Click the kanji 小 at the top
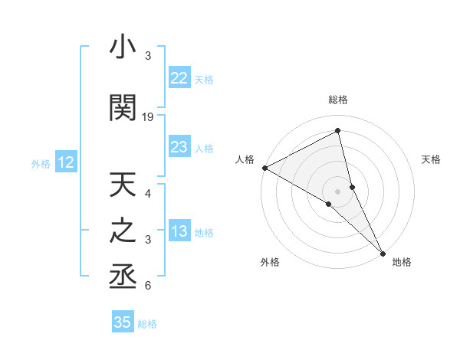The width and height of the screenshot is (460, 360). [123, 47]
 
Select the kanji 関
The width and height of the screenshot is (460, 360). [123, 107]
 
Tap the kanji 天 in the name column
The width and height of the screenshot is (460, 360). [123, 186]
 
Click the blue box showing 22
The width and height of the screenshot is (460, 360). [179, 78]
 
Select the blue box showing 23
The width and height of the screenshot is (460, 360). [179, 147]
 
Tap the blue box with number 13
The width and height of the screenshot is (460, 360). [179, 231]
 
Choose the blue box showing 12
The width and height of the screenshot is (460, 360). [66, 162]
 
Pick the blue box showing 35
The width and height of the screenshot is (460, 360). [123, 322]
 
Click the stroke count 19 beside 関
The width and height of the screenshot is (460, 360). [148, 117]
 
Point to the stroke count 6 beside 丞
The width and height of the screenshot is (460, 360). [148, 286]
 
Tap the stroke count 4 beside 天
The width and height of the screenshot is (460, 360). [148, 194]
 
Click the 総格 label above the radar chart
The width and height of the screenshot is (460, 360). [338, 100]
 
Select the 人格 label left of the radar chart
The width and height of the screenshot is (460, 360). [245, 159]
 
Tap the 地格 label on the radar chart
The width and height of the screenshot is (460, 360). [402, 263]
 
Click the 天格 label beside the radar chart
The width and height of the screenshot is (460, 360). [432, 159]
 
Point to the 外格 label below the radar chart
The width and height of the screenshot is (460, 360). [270, 263]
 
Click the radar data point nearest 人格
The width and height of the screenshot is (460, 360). [264, 167]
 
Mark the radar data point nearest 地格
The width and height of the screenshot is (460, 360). [382, 252]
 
